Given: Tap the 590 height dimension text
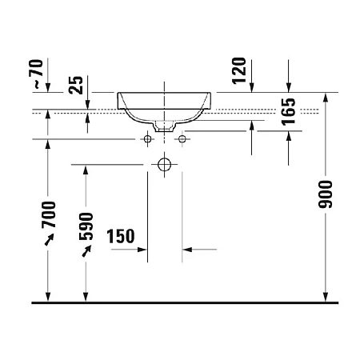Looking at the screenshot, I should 86,226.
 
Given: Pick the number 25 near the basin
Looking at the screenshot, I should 77,84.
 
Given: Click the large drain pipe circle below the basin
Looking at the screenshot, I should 165,166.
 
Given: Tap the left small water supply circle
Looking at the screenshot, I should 148,140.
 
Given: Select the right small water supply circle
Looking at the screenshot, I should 182,140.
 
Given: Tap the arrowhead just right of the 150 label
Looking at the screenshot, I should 144,250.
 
